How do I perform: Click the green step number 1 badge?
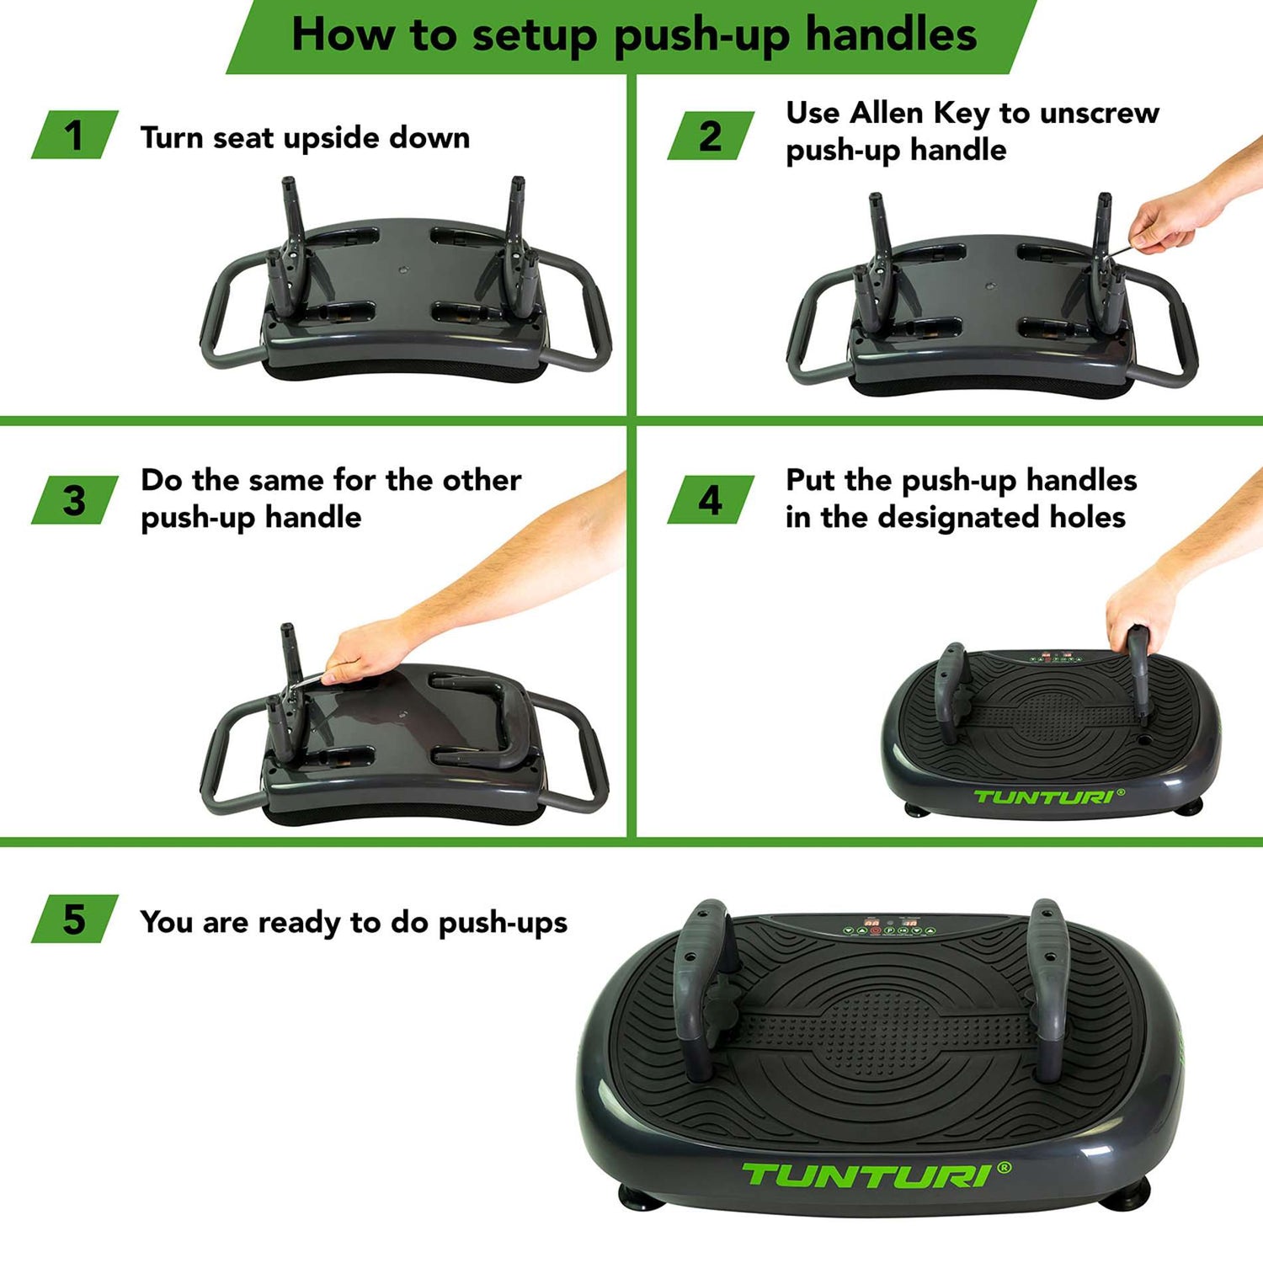[74, 135]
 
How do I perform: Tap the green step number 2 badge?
[711, 136]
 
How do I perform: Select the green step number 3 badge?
[74, 500]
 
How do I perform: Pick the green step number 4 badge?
[711, 500]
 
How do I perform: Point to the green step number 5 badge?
[74, 919]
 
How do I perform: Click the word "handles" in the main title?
[891, 35]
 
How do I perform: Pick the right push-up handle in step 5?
[1048, 989]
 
